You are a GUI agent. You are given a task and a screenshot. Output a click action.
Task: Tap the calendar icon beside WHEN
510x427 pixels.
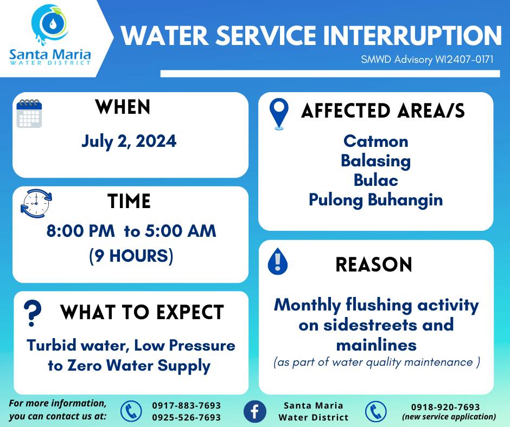click(29, 113)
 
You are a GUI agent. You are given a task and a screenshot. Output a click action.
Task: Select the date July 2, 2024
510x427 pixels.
click(129, 141)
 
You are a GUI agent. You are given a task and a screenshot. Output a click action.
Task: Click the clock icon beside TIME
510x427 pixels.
click(36, 203)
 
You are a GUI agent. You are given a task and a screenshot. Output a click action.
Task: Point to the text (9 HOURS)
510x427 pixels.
click(131, 256)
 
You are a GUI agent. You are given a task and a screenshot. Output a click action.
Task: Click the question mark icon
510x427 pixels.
click(33, 313)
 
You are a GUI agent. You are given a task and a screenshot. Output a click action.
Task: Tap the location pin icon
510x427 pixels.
click(279, 114)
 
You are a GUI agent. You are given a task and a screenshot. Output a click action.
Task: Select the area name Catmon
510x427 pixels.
click(375, 141)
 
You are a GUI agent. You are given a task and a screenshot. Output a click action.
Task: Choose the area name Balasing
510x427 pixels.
click(375, 161)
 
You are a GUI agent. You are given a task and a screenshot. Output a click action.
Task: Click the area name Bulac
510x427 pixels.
click(375, 180)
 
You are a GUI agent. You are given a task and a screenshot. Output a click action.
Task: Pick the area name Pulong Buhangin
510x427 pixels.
click(375, 199)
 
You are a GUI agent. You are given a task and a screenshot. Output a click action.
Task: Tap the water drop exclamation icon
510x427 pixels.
click(277, 261)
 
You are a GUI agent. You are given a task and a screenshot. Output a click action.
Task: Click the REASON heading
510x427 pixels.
click(374, 264)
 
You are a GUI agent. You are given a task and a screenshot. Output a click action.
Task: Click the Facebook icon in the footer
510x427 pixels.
click(254, 411)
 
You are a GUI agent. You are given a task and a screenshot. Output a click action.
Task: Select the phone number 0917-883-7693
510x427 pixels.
click(187, 405)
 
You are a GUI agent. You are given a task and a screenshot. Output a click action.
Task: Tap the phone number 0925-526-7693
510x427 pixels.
click(187, 417)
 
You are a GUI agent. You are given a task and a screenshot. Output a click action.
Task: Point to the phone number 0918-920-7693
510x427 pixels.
click(445, 407)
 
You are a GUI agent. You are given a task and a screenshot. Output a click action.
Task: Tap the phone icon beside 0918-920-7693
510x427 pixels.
click(375, 411)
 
